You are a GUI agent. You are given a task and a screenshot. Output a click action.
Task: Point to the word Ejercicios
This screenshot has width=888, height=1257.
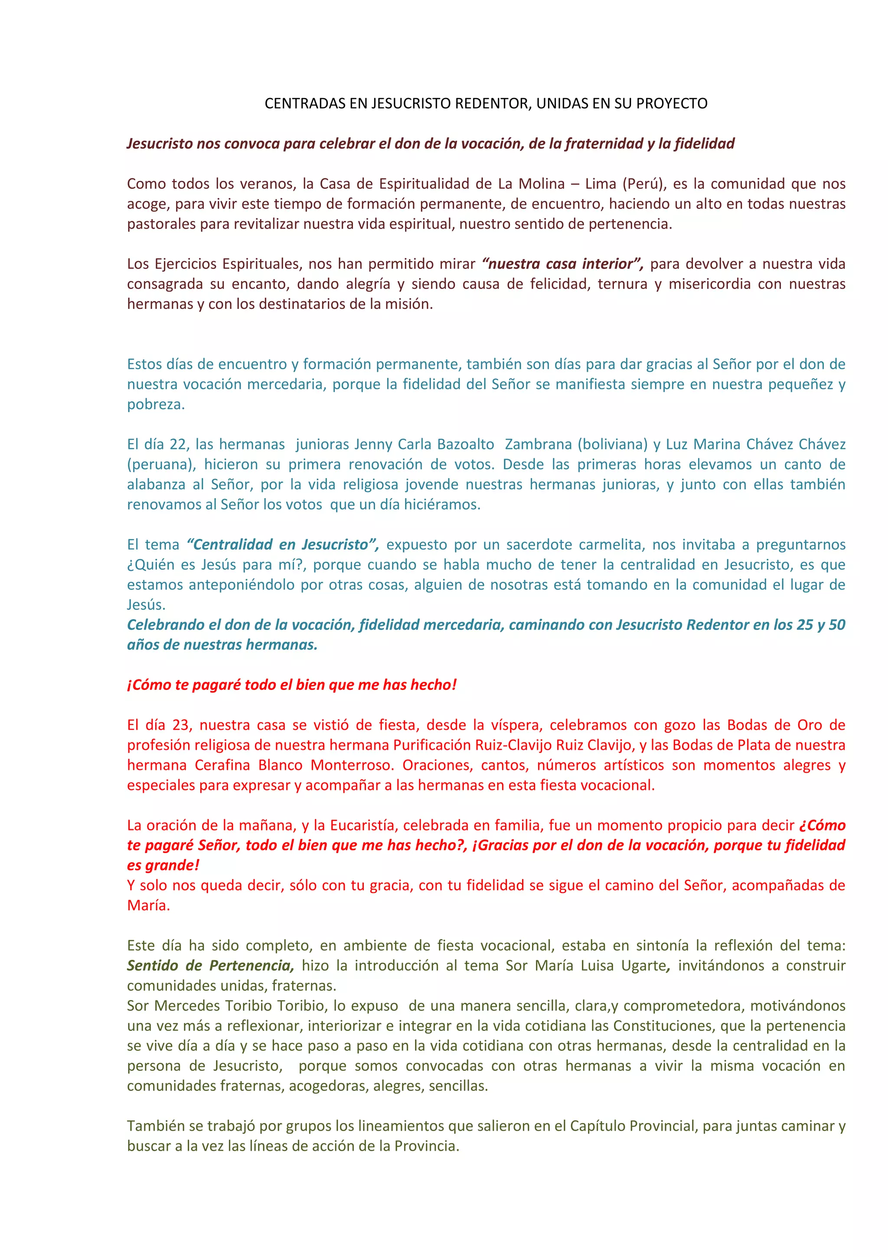click(x=185, y=264)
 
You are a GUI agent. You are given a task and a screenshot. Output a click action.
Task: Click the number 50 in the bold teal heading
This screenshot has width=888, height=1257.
click(x=836, y=625)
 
